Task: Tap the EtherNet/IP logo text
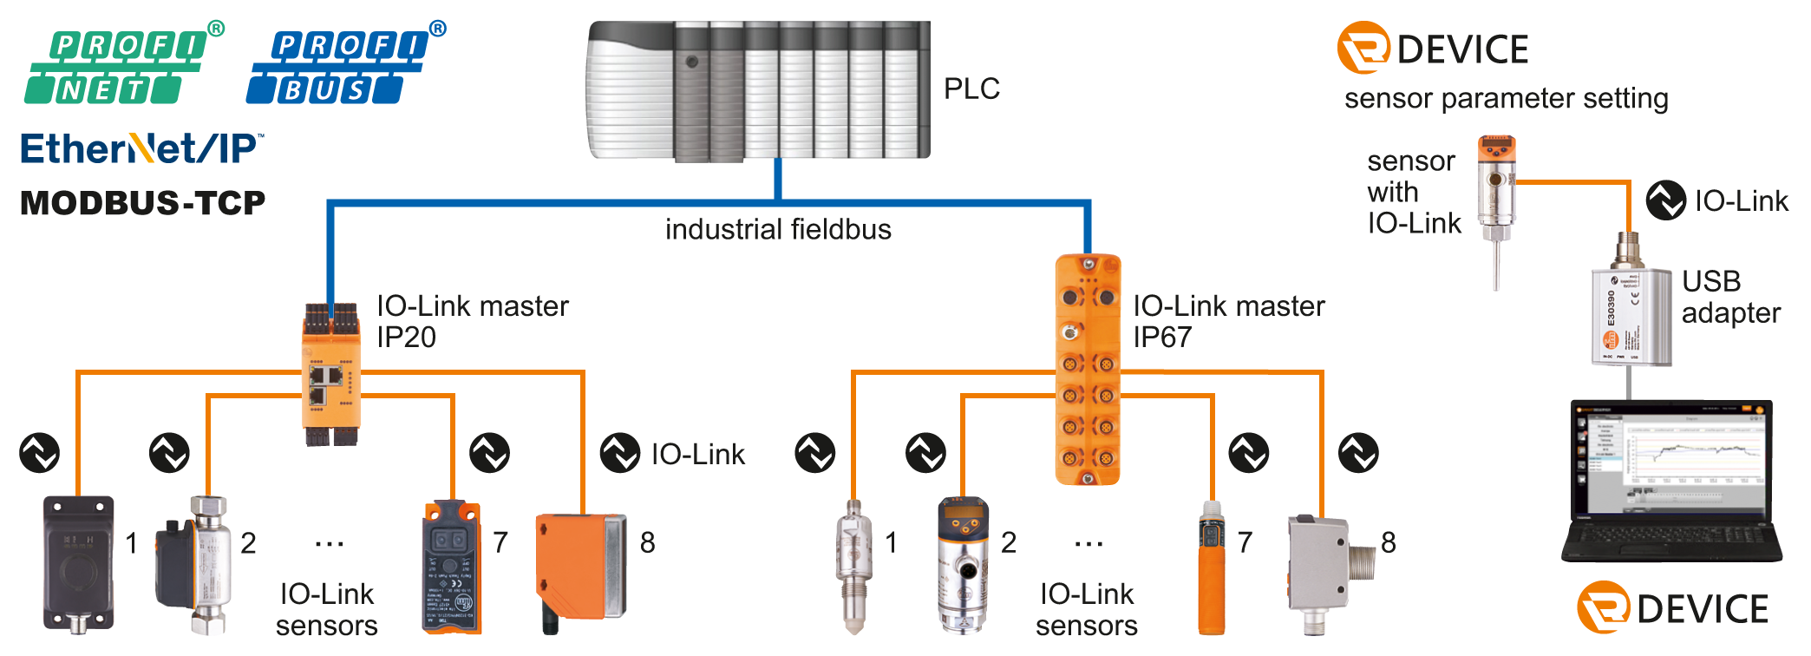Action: (141, 149)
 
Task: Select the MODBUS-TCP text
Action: (142, 203)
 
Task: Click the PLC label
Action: (971, 89)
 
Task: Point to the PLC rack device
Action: (759, 91)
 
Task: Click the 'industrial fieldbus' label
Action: (778, 230)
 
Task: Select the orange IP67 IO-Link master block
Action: (1087, 369)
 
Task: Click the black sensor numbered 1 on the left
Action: (78, 562)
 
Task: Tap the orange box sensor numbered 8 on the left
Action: (579, 566)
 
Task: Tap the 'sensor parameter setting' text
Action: (1506, 99)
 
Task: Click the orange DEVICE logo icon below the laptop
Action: (1602, 607)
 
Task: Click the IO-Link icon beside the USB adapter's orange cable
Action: (1665, 200)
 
